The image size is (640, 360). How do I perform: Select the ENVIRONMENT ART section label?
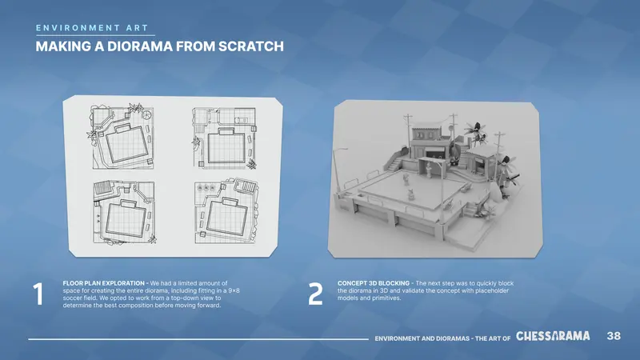[92, 28]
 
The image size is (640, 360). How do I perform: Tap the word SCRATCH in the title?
[251, 46]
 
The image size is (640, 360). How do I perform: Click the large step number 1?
[38, 294]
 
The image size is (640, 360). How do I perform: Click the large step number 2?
[315, 294]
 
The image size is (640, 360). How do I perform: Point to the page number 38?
[614, 336]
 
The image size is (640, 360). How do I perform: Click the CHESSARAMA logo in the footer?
[553, 336]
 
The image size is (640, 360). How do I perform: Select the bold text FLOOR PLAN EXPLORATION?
[104, 283]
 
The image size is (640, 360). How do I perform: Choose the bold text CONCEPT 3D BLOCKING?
[374, 283]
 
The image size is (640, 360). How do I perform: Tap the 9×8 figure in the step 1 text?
[234, 290]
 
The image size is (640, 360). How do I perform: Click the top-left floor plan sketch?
[121, 136]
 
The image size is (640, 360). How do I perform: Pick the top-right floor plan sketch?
[225, 138]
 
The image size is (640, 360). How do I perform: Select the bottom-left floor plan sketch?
[125, 212]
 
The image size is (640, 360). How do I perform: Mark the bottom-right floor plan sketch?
[226, 210]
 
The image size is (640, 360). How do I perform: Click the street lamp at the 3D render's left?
[337, 171]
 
